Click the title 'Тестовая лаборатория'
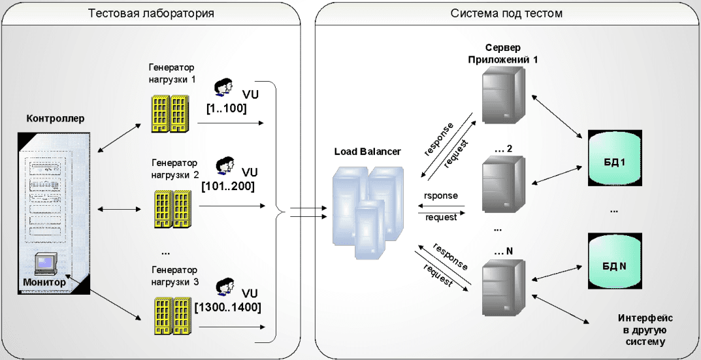click(151, 13)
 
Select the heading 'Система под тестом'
click(506, 13)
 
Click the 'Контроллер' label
click(56, 118)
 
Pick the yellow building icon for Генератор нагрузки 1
click(169, 113)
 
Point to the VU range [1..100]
click(227, 108)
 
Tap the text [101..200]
click(228, 186)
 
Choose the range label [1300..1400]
click(228, 308)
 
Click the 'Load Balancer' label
click(368, 152)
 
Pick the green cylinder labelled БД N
click(615, 262)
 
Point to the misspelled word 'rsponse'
click(441, 196)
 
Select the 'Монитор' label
click(44, 282)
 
